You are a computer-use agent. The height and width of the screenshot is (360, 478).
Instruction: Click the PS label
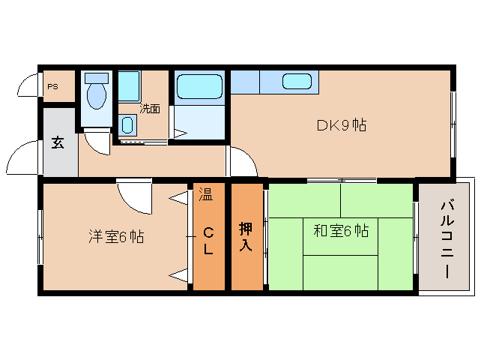pos(52,86)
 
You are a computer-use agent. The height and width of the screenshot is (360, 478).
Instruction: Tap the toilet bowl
pos(96,97)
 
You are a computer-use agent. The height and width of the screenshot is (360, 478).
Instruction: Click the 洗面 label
pos(150,109)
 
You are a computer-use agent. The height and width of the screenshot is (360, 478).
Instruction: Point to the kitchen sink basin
pos(297,81)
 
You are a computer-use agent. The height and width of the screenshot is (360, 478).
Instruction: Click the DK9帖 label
pos(340,125)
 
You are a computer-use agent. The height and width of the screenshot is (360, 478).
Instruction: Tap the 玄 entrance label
pos(58,142)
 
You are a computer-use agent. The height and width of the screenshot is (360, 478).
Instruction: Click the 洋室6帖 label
pos(115,236)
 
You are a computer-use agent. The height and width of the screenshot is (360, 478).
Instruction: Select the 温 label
pos(205,196)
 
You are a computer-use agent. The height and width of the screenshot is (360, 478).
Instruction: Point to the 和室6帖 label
pos(341,231)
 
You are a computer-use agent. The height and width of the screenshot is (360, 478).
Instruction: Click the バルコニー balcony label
pos(447,238)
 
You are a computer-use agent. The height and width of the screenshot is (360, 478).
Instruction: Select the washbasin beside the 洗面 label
pos(127,124)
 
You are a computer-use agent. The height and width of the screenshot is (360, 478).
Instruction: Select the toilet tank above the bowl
pos(95,77)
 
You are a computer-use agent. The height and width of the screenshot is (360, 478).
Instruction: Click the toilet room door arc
pos(97,142)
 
